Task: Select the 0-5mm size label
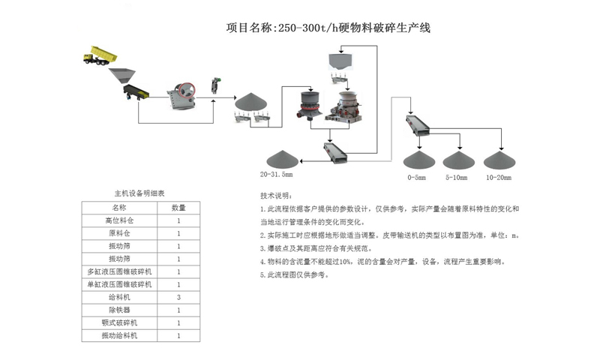[416, 178]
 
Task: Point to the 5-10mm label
[456, 178]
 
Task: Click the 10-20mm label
[499, 178]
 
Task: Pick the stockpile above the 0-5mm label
[417, 160]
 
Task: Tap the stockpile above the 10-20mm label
[498, 160]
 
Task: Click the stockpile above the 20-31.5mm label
[282, 159]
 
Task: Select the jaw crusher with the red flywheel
[182, 93]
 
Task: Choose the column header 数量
[178, 207]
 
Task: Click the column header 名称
[120, 207]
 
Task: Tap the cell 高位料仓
[120, 220]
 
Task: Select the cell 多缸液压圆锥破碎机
[120, 271]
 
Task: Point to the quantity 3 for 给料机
[178, 297]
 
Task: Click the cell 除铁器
[120, 310]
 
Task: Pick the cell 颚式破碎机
[120, 322]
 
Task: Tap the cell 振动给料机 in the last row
[120, 335]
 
